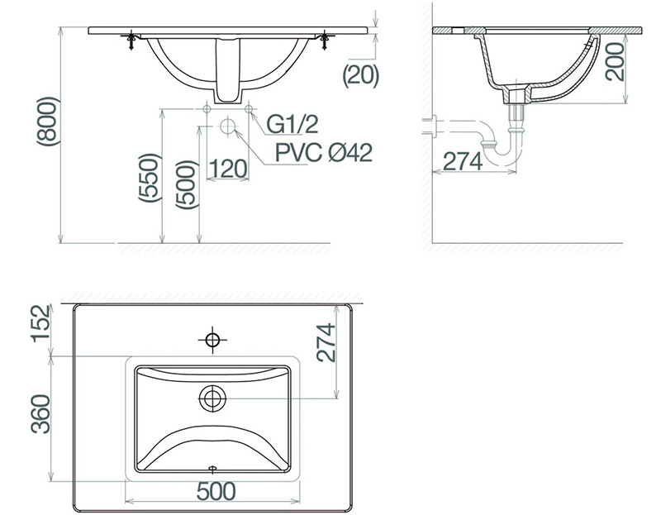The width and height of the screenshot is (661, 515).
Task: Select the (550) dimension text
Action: tap(150, 178)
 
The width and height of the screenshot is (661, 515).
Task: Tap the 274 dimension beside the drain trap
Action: tap(463, 161)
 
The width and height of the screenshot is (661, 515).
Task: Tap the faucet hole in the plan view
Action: tap(212, 339)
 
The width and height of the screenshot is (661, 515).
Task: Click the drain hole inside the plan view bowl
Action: tap(212, 398)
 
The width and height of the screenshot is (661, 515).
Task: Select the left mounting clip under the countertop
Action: tap(131, 41)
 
